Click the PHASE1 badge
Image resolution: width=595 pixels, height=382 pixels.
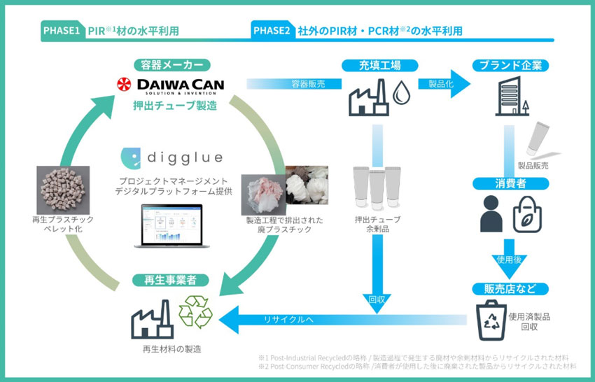pyautogui.click(x=61, y=31)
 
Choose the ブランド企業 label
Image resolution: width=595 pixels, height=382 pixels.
pyautogui.click(x=510, y=65)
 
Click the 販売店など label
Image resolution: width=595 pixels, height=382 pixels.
pyautogui.click(x=510, y=288)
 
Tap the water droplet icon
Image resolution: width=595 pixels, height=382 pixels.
pyautogui.click(x=402, y=94)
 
